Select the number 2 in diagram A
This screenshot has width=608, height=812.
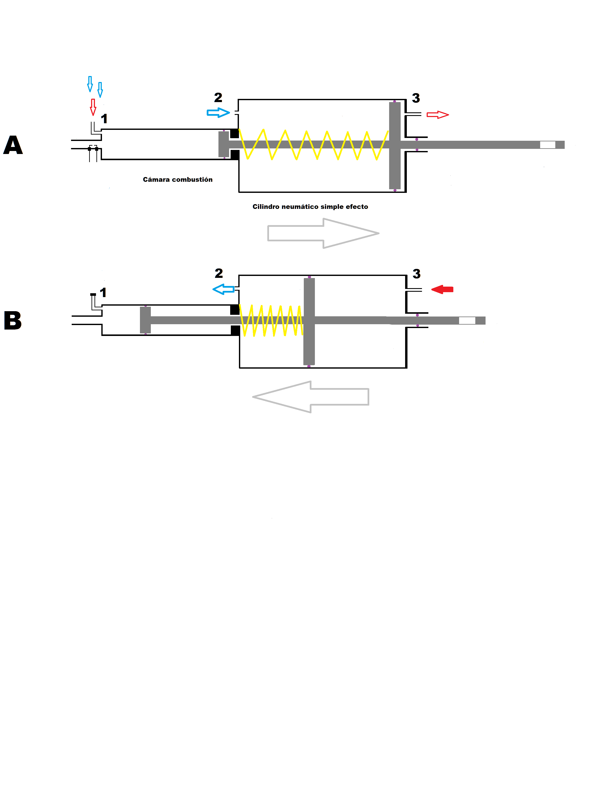click(x=218, y=98)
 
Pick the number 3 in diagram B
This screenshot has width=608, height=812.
click(x=417, y=274)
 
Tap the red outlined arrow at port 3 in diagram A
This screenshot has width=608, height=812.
click(x=438, y=115)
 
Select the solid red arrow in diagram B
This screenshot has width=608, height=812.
click(x=443, y=290)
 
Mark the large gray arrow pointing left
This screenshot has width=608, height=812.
click(x=311, y=397)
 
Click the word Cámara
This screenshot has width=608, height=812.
click(x=156, y=179)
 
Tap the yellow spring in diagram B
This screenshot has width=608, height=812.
click(x=271, y=321)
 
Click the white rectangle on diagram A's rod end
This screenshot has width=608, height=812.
click(x=547, y=145)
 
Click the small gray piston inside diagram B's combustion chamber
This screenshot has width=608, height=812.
click(x=145, y=320)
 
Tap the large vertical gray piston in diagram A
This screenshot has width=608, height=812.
click(x=395, y=145)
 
